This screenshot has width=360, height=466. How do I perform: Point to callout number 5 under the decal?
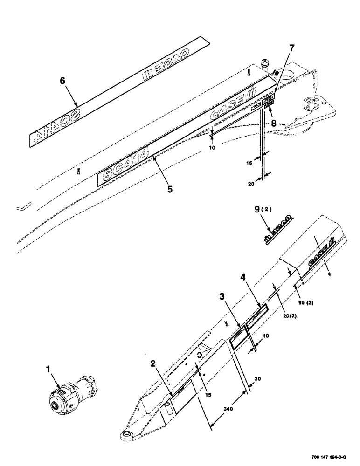click(x=170, y=189)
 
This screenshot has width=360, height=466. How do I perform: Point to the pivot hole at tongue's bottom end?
click(x=126, y=435)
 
